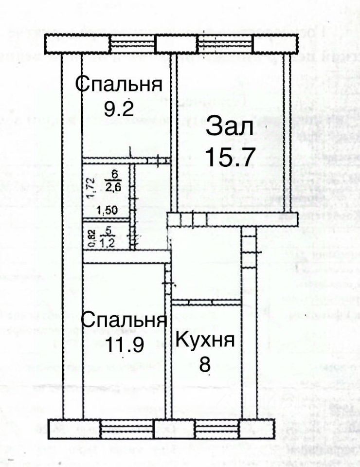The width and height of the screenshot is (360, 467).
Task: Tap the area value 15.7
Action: coord(230,157)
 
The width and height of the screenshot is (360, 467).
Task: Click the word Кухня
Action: coord(204,339)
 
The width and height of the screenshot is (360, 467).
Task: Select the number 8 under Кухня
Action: coord(205,365)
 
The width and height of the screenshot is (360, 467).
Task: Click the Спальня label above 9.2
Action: coord(118,84)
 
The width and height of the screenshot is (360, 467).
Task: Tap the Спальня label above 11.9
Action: coord(124,321)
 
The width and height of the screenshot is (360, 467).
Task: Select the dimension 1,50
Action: coord(107,211)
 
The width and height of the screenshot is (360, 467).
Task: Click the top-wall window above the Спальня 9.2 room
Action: coord(132,45)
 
